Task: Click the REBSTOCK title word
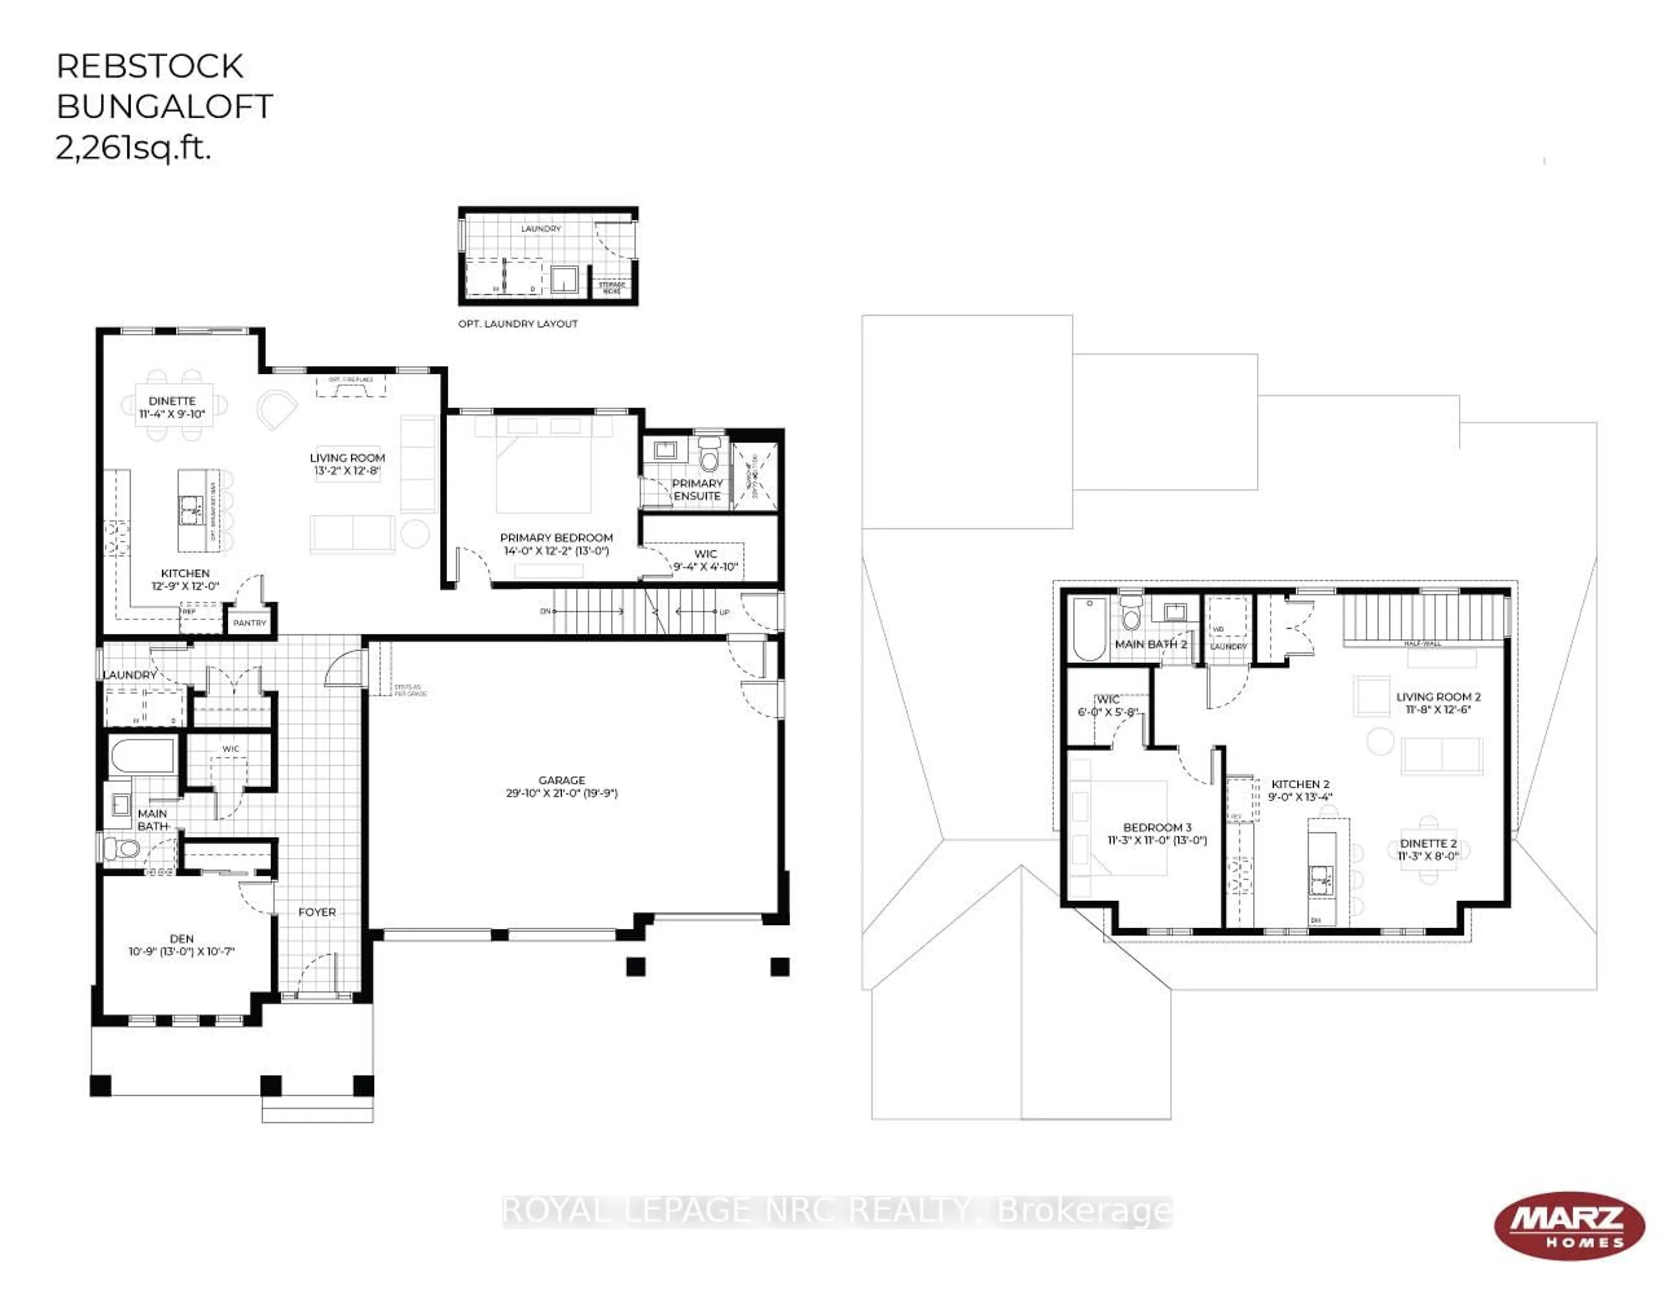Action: tap(150, 67)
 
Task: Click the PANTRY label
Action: tap(249, 623)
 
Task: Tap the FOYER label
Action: tap(317, 912)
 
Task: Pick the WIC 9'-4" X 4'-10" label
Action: tap(705, 560)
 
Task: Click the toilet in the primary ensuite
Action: tap(709, 455)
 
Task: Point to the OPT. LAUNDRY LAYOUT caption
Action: tap(518, 323)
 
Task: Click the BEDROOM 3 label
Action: tap(1156, 833)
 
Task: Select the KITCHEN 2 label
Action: tap(1300, 790)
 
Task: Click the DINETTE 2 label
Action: tap(1428, 849)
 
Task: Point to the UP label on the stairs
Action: tap(724, 612)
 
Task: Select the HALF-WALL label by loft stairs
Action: tap(1422, 643)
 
